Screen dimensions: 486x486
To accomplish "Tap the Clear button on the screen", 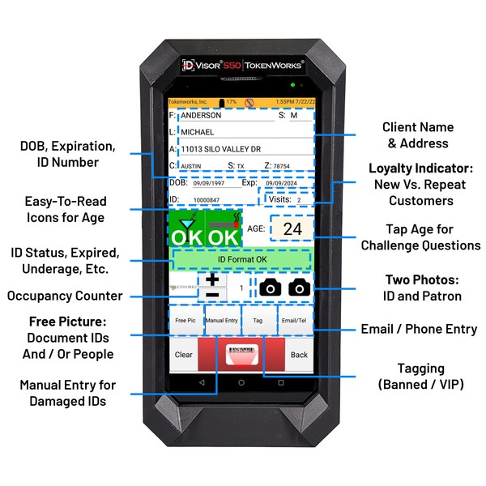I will pyautogui.click(x=184, y=354).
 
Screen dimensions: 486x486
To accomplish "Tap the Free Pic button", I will pyautogui.click(x=185, y=321).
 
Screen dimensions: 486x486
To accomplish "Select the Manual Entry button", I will pyautogui.click(x=223, y=321).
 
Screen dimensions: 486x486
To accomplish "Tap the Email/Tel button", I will pyautogui.click(x=296, y=321).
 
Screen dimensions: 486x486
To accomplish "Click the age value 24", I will pyautogui.click(x=292, y=229).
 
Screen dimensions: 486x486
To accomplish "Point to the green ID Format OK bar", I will pyautogui.click(x=241, y=259).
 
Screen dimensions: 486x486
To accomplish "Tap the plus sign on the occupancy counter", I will pyautogui.click(x=212, y=279).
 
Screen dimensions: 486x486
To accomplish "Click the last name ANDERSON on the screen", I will pyautogui.click(x=202, y=116).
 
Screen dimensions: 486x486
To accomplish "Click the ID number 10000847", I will pyautogui.click(x=207, y=198).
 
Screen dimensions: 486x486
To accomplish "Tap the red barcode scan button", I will pyautogui.click(x=241, y=354).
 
